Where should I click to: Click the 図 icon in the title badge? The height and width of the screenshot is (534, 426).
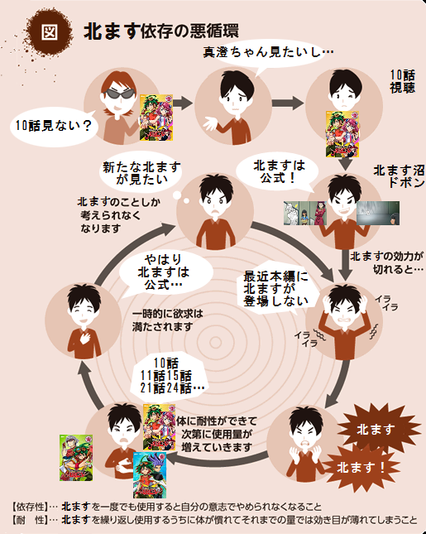[x=50, y=32]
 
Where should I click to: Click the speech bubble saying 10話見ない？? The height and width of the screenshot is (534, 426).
[x=54, y=127]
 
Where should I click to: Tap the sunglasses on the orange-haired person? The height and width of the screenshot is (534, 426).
[x=118, y=93]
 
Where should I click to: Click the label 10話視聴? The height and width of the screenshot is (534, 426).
[x=403, y=81]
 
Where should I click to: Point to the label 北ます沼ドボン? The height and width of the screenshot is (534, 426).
[x=399, y=176]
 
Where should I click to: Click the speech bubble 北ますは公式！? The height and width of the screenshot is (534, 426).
[x=278, y=172]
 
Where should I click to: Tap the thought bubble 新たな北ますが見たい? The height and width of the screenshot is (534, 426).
[x=141, y=173]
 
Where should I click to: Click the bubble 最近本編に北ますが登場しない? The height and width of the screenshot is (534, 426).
[x=276, y=288]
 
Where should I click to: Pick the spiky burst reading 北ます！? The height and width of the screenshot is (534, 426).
[x=361, y=468]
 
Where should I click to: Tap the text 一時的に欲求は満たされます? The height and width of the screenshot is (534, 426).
[x=167, y=320]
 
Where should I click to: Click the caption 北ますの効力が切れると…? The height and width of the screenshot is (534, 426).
[x=387, y=262]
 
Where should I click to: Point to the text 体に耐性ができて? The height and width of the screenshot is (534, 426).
[x=217, y=421]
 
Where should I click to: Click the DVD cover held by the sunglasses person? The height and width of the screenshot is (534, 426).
[x=156, y=118]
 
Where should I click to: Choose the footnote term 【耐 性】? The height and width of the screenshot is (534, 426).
[x=29, y=520]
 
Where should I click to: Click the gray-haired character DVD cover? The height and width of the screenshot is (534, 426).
[x=76, y=458]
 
